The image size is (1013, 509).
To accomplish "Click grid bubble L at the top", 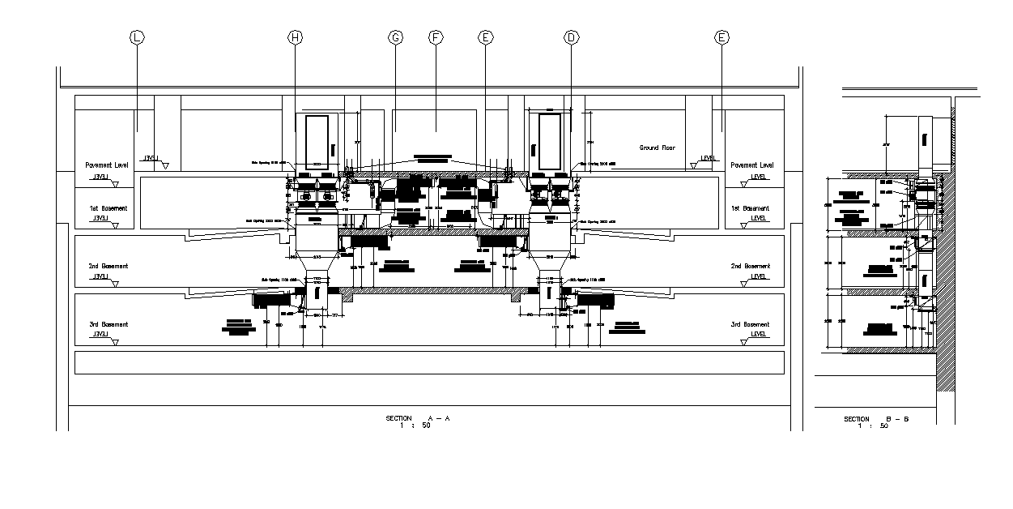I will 136,37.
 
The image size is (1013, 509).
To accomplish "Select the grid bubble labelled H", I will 295,37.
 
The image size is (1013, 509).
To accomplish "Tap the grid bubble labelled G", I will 396,37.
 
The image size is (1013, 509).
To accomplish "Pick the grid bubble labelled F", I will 435,37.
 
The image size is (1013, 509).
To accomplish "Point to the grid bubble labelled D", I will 572,37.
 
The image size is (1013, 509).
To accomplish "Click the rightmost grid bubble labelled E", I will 721,37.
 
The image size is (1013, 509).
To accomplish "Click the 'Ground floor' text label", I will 657,148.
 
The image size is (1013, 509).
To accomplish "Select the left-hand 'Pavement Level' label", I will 107,165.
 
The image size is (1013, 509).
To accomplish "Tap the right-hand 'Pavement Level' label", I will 752,165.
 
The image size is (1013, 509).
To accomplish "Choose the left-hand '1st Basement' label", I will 108,208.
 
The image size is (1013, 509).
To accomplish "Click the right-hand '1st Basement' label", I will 752,208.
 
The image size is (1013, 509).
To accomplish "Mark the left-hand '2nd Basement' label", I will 108,266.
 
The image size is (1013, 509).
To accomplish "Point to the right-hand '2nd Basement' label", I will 751,266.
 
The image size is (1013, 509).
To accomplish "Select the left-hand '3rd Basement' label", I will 108,324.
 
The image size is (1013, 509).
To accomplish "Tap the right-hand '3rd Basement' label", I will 751,324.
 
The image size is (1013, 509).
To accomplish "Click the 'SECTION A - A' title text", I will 418,418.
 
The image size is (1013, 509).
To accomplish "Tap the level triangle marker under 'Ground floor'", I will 694,165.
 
